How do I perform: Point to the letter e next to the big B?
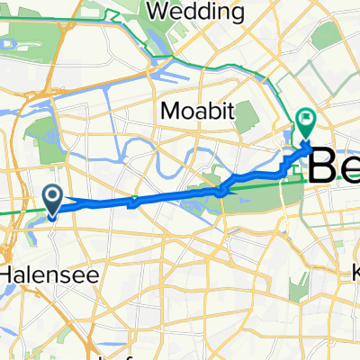pyautogui.click(x=351, y=169)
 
